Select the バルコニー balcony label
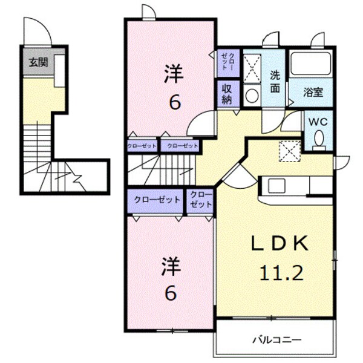click(276, 339)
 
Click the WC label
click(318, 122)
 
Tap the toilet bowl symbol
click(319, 140)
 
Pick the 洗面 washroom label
click(275, 82)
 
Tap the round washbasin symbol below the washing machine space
click(252, 96)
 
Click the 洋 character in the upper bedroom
click(174, 77)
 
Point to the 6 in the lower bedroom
click(171, 293)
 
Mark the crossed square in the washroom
click(252, 67)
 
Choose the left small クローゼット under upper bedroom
click(142, 146)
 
